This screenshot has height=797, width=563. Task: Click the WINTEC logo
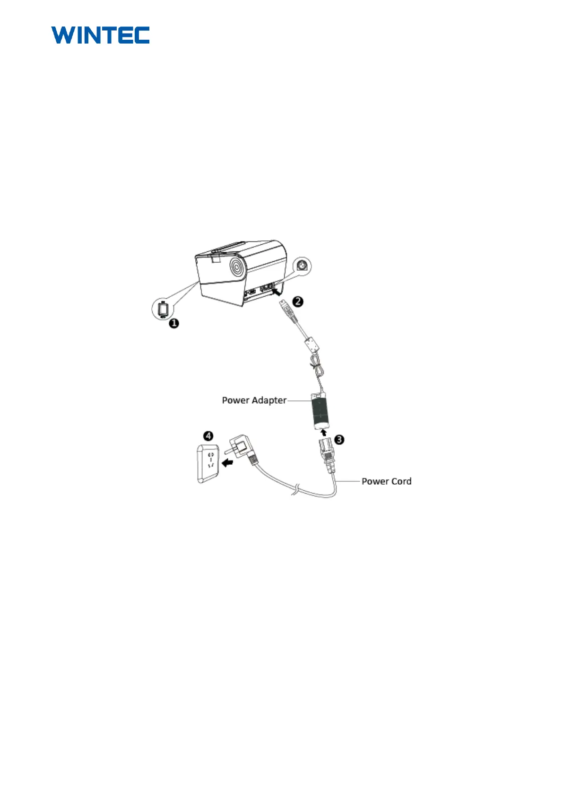click(x=100, y=35)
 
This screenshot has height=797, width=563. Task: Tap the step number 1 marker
click(x=174, y=323)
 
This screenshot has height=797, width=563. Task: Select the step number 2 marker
click(x=297, y=301)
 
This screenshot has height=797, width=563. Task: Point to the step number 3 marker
click(x=339, y=440)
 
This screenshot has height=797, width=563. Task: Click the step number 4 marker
click(x=208, y=436)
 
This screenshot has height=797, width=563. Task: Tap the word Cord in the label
click(x=401, y=481)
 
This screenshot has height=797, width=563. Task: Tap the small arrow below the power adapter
click(x=324, y=432)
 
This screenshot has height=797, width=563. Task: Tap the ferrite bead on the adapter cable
click(x=312, y=344)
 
